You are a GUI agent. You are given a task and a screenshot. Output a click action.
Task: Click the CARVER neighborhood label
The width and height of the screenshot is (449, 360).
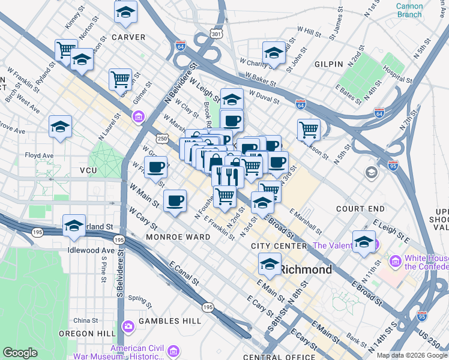point(128,37)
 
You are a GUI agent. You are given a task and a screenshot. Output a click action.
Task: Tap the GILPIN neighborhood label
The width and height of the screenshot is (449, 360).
point(328,64)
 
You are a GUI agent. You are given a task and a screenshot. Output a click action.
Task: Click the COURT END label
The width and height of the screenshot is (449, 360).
point(360,209)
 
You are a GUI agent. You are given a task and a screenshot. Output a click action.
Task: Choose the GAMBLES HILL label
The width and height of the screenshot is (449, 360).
point(169,321)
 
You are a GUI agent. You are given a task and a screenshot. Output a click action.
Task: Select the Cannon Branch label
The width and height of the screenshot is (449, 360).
point(409,10)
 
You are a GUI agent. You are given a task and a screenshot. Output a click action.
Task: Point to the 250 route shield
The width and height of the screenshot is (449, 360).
point(162,139)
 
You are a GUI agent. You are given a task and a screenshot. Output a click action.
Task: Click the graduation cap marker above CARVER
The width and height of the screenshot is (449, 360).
point(125,12)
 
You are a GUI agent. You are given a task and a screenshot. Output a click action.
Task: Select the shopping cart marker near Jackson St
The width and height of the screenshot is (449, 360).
point(309,128)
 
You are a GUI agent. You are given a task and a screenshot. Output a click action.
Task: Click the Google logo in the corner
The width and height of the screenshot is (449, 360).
point(20,353)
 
